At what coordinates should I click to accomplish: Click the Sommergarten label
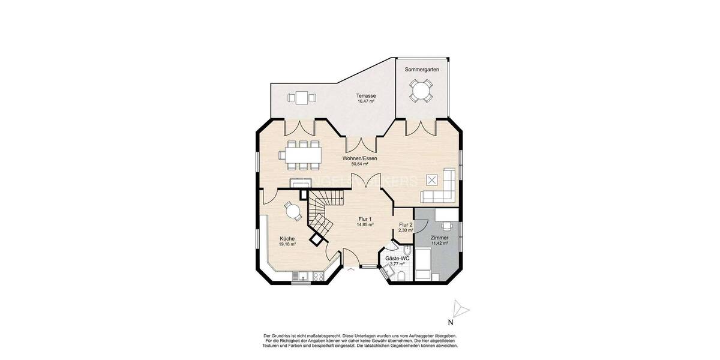[x=422, y=70]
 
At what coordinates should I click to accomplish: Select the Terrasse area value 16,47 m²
[x=366, y=102]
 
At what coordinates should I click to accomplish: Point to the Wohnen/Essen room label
[x=360, y=158]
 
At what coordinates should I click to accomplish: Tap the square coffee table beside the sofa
[x=431, y=178]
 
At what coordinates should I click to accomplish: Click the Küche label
[x=287, y=238]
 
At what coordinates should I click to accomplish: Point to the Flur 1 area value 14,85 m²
[x=365, y=224]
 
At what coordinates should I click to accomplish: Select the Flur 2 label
[x=406, y=224]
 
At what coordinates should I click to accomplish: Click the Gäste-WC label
[x=397, y=258]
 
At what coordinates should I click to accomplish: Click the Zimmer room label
[x=440, y=238]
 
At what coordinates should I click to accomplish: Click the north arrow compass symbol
[x=460, y=308]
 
